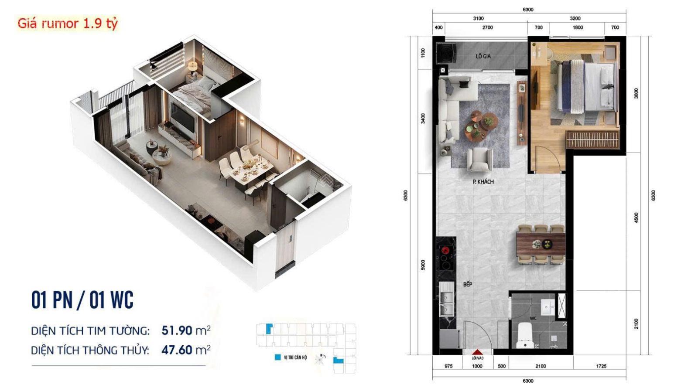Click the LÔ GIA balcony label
483,56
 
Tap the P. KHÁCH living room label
483,182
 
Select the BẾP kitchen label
468,284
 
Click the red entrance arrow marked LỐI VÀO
477,352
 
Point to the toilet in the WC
524,337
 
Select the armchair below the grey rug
479,159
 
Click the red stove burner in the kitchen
446,250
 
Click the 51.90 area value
177,330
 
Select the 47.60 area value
177,350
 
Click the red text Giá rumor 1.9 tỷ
68,23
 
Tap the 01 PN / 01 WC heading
82,300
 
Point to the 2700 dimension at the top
487,27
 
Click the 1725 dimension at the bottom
601,366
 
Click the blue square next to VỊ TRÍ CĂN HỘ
277,357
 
